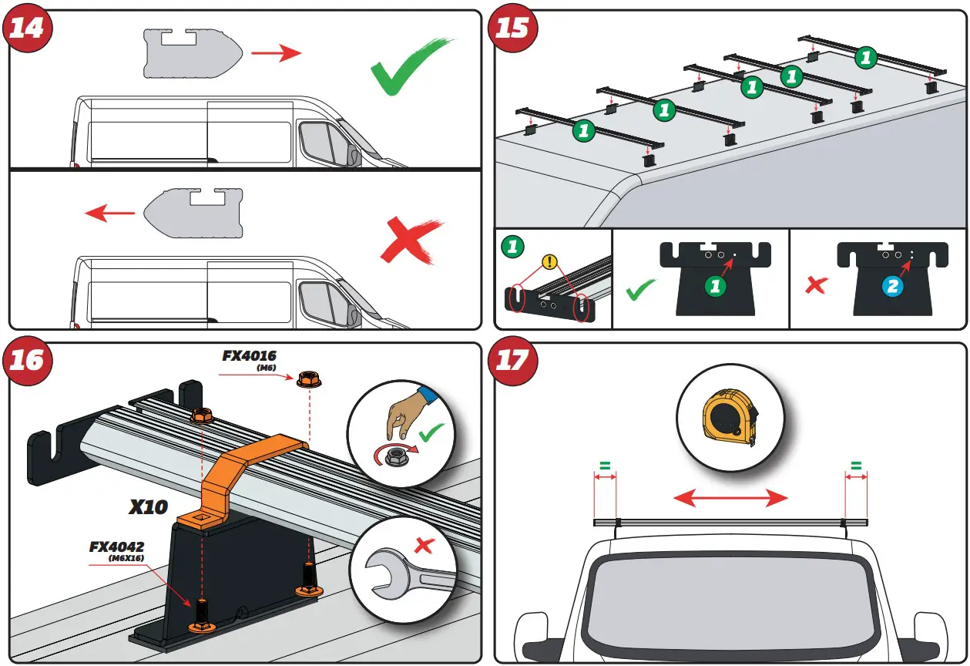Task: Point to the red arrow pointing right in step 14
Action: point(278,52)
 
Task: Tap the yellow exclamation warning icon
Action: point(549,262)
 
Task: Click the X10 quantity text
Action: point(149,507)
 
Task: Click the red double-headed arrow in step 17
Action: point(730,499)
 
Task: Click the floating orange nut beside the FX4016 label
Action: point(305,378)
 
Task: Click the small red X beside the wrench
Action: point(423,546)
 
